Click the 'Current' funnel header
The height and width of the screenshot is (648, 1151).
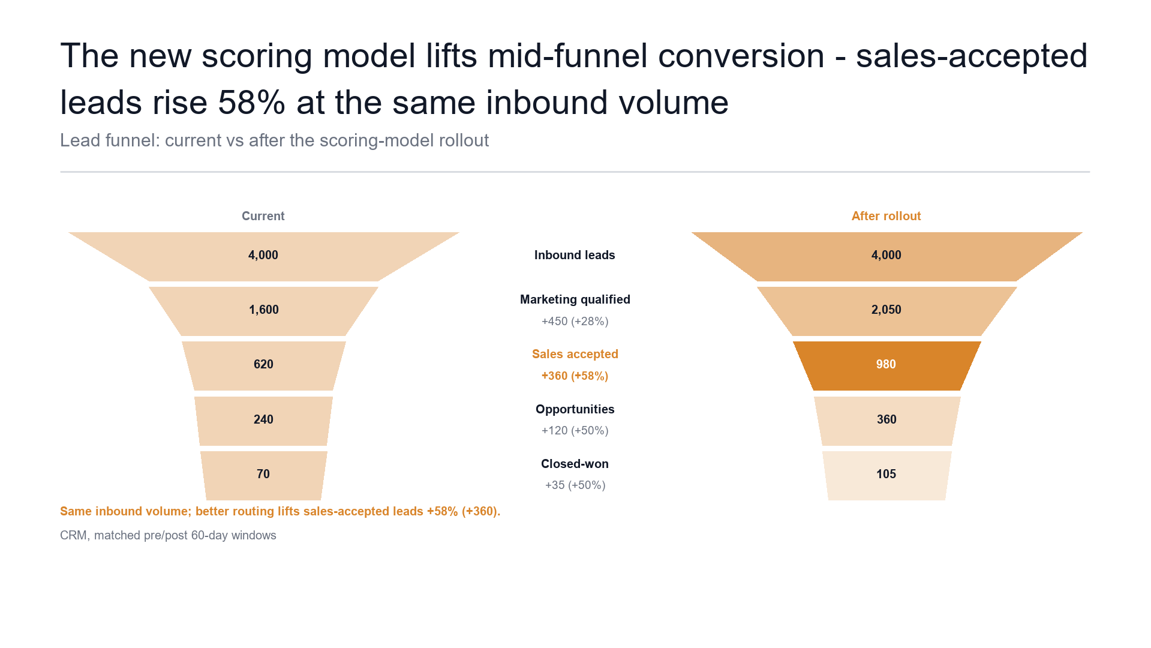(263, 216)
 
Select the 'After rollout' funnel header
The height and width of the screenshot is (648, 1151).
(886, 216)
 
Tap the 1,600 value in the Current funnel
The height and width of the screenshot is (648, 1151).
(264, 310)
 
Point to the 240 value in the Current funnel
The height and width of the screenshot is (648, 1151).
(263, 419)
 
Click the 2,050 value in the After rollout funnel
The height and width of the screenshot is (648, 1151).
(886, 310)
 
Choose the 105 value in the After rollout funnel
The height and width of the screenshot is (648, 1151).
(886, 474)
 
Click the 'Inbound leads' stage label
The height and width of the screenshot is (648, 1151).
(575, 255)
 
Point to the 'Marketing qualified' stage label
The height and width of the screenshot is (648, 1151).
(575, 299)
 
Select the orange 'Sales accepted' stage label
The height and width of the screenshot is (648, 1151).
(575, 354)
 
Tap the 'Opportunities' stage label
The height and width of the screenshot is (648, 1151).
(575, 409)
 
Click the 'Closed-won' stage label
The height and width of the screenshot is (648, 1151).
(575, 464)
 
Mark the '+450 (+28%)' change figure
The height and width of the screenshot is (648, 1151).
(575, 321)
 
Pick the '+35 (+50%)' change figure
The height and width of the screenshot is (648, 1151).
(575, 485)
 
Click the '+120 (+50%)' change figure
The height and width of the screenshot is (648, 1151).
(575, 430)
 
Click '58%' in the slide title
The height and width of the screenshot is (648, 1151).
(252, 103)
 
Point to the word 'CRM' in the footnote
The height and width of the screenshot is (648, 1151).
(75, 535)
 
